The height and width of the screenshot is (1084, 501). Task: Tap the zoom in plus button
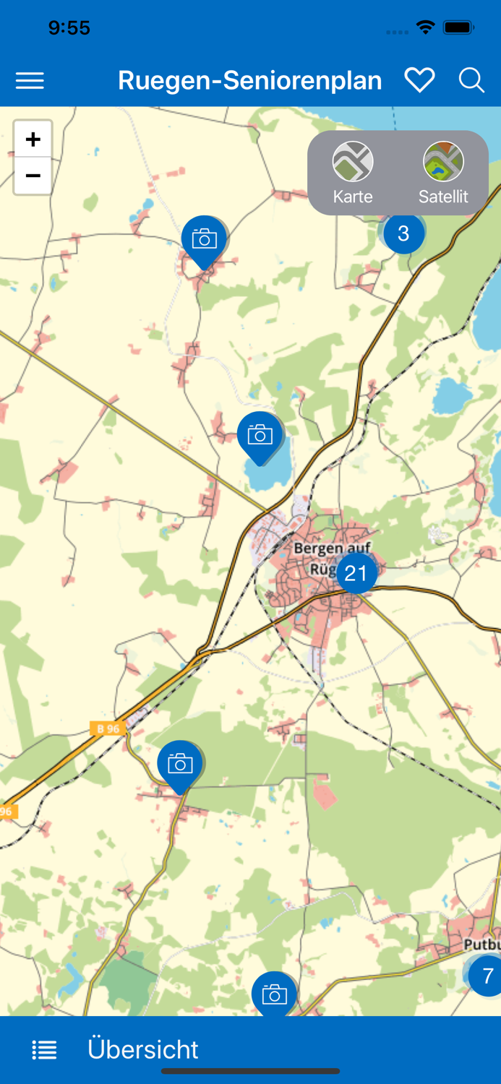33,139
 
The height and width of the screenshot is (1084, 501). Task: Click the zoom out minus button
33,176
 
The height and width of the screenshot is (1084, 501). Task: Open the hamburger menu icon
30,81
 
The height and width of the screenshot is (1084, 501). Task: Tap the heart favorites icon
419,80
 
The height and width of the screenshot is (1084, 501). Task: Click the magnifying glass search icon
471,80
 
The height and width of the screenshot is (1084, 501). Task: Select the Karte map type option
353,173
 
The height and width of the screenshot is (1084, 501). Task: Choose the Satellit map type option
443,173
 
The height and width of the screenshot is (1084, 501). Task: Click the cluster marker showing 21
356,573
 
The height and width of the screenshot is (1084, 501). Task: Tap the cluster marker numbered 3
403,233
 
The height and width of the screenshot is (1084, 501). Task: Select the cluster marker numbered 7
487,976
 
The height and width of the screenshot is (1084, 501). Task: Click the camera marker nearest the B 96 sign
180,765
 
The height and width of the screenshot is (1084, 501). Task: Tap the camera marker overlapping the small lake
260,435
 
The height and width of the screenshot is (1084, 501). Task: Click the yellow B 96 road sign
108,728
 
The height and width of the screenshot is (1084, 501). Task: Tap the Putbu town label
482,945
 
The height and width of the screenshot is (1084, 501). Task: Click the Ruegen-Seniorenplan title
249,81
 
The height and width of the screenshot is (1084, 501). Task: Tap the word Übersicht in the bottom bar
143,1049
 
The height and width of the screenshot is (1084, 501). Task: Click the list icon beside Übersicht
44,1050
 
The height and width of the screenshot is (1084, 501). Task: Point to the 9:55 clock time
69,28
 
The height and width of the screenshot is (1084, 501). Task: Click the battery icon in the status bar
458,28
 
